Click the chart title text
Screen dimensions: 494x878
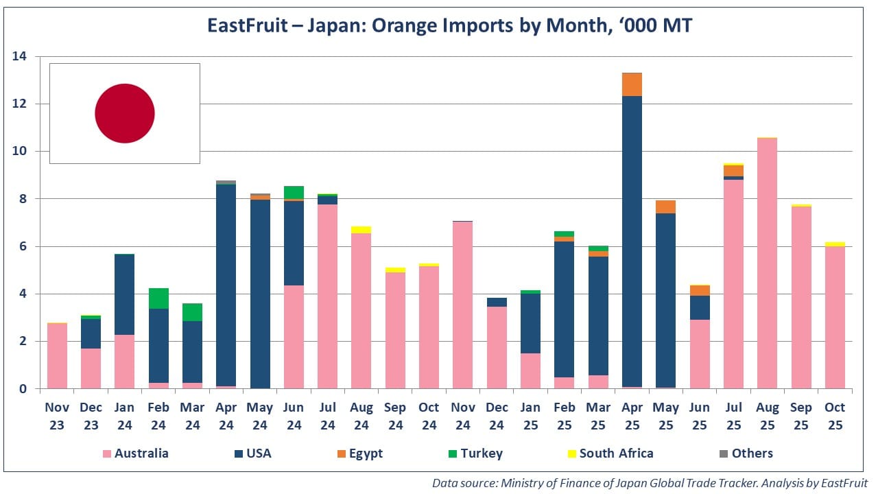click(449, 26)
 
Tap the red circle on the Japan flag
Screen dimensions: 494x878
click(124, 113)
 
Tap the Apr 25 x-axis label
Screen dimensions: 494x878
click(632, 416)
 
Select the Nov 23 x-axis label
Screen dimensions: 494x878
click(57, 416)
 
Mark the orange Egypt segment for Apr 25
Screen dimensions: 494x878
click(632, 84)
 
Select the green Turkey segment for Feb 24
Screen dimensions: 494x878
click(158, 298)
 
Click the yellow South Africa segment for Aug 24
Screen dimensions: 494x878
click(361, 230)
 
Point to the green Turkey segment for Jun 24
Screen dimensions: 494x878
click(294, 192)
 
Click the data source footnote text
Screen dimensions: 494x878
click(650, 483)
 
